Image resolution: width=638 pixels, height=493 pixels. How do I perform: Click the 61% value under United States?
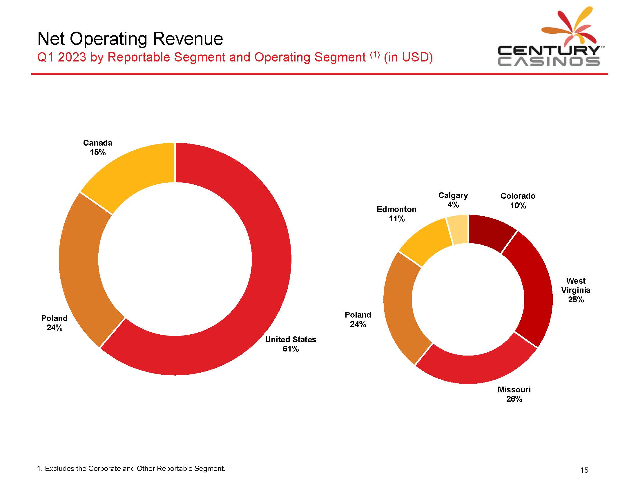[291, 349]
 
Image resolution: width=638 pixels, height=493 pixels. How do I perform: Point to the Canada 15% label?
[97, 148]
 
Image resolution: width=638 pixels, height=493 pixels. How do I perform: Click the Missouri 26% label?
[514, 394]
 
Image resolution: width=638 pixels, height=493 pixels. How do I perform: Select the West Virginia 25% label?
[575, 290]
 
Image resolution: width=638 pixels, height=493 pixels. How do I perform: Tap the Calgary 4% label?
[453, 200]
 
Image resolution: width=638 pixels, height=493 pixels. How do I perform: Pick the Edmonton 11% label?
[396, 214]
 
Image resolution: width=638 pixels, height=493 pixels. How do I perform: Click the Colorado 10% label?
[518, 201]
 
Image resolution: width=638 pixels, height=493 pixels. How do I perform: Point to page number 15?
[584, 470]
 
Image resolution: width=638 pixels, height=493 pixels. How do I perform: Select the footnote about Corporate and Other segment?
[131, 468]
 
